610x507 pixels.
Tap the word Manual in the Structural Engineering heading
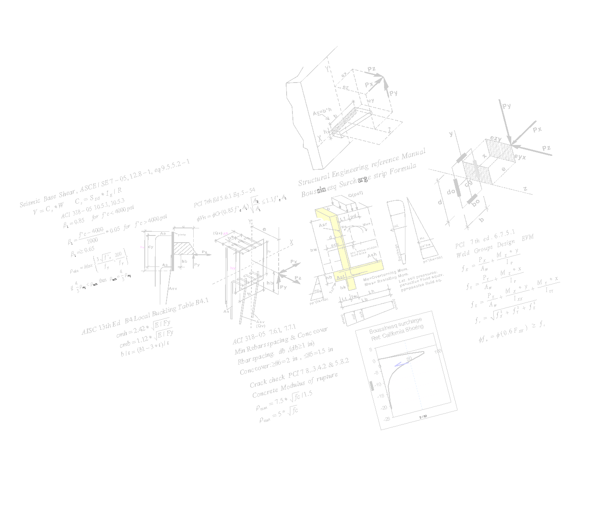[x=413, y=154]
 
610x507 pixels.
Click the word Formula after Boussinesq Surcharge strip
[x=403, y=169]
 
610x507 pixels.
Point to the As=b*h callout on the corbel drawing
[x=322, y=113]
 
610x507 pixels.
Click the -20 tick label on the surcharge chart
[x=384, y=407]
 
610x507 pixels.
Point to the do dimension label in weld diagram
[x=451, y=191]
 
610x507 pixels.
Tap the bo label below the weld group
[x=476, y=202]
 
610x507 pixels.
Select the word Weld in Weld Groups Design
[x=463, y=254]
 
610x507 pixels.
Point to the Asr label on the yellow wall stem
[x=323, y=225]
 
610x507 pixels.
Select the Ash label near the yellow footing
[x=372, y=254]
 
